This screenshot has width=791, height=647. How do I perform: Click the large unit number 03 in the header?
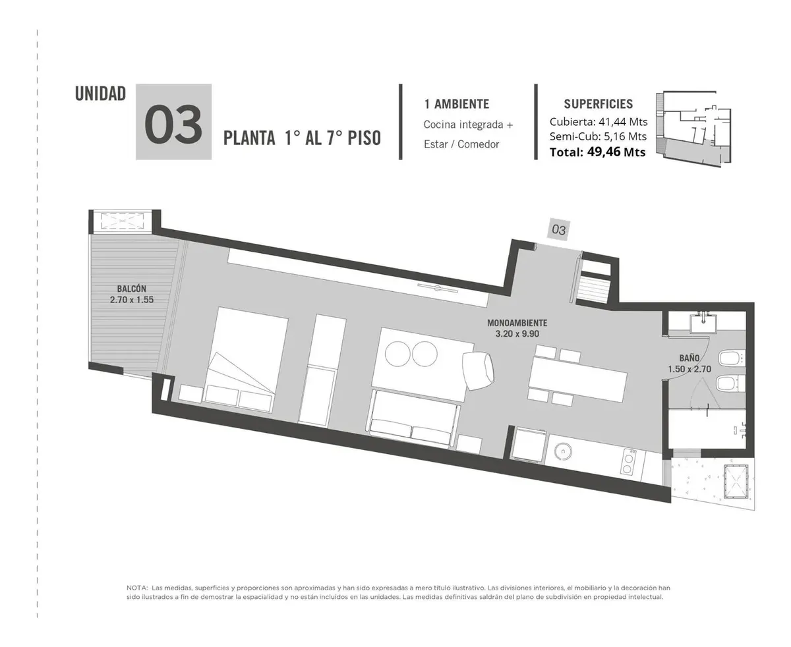[173, 124]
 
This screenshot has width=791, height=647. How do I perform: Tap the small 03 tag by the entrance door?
[558, 229]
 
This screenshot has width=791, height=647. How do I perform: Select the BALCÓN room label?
[131, 289]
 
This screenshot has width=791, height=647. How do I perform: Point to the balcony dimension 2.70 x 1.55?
[132, 300]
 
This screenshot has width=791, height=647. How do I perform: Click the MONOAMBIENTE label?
[517, 323]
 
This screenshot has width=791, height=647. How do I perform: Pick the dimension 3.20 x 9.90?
[517, 333]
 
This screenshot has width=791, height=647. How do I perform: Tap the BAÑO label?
[689, 358]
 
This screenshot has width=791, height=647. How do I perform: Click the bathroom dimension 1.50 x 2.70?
[689, 369]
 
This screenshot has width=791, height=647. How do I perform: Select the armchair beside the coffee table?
[477, 370]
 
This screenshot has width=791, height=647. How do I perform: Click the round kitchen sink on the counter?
[563, 451]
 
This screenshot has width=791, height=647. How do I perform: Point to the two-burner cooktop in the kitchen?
[628, 461]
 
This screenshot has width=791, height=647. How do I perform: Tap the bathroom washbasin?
[703, 323]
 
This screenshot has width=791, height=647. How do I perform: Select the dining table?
[577, 377]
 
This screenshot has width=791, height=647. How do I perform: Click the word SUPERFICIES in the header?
[598, 104]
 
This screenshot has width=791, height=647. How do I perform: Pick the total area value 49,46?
[603, 152]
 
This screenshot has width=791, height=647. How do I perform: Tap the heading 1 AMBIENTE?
[456, 104]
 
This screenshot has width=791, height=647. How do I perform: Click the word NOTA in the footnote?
[137, 588]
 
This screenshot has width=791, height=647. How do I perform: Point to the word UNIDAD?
[100, 94]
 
